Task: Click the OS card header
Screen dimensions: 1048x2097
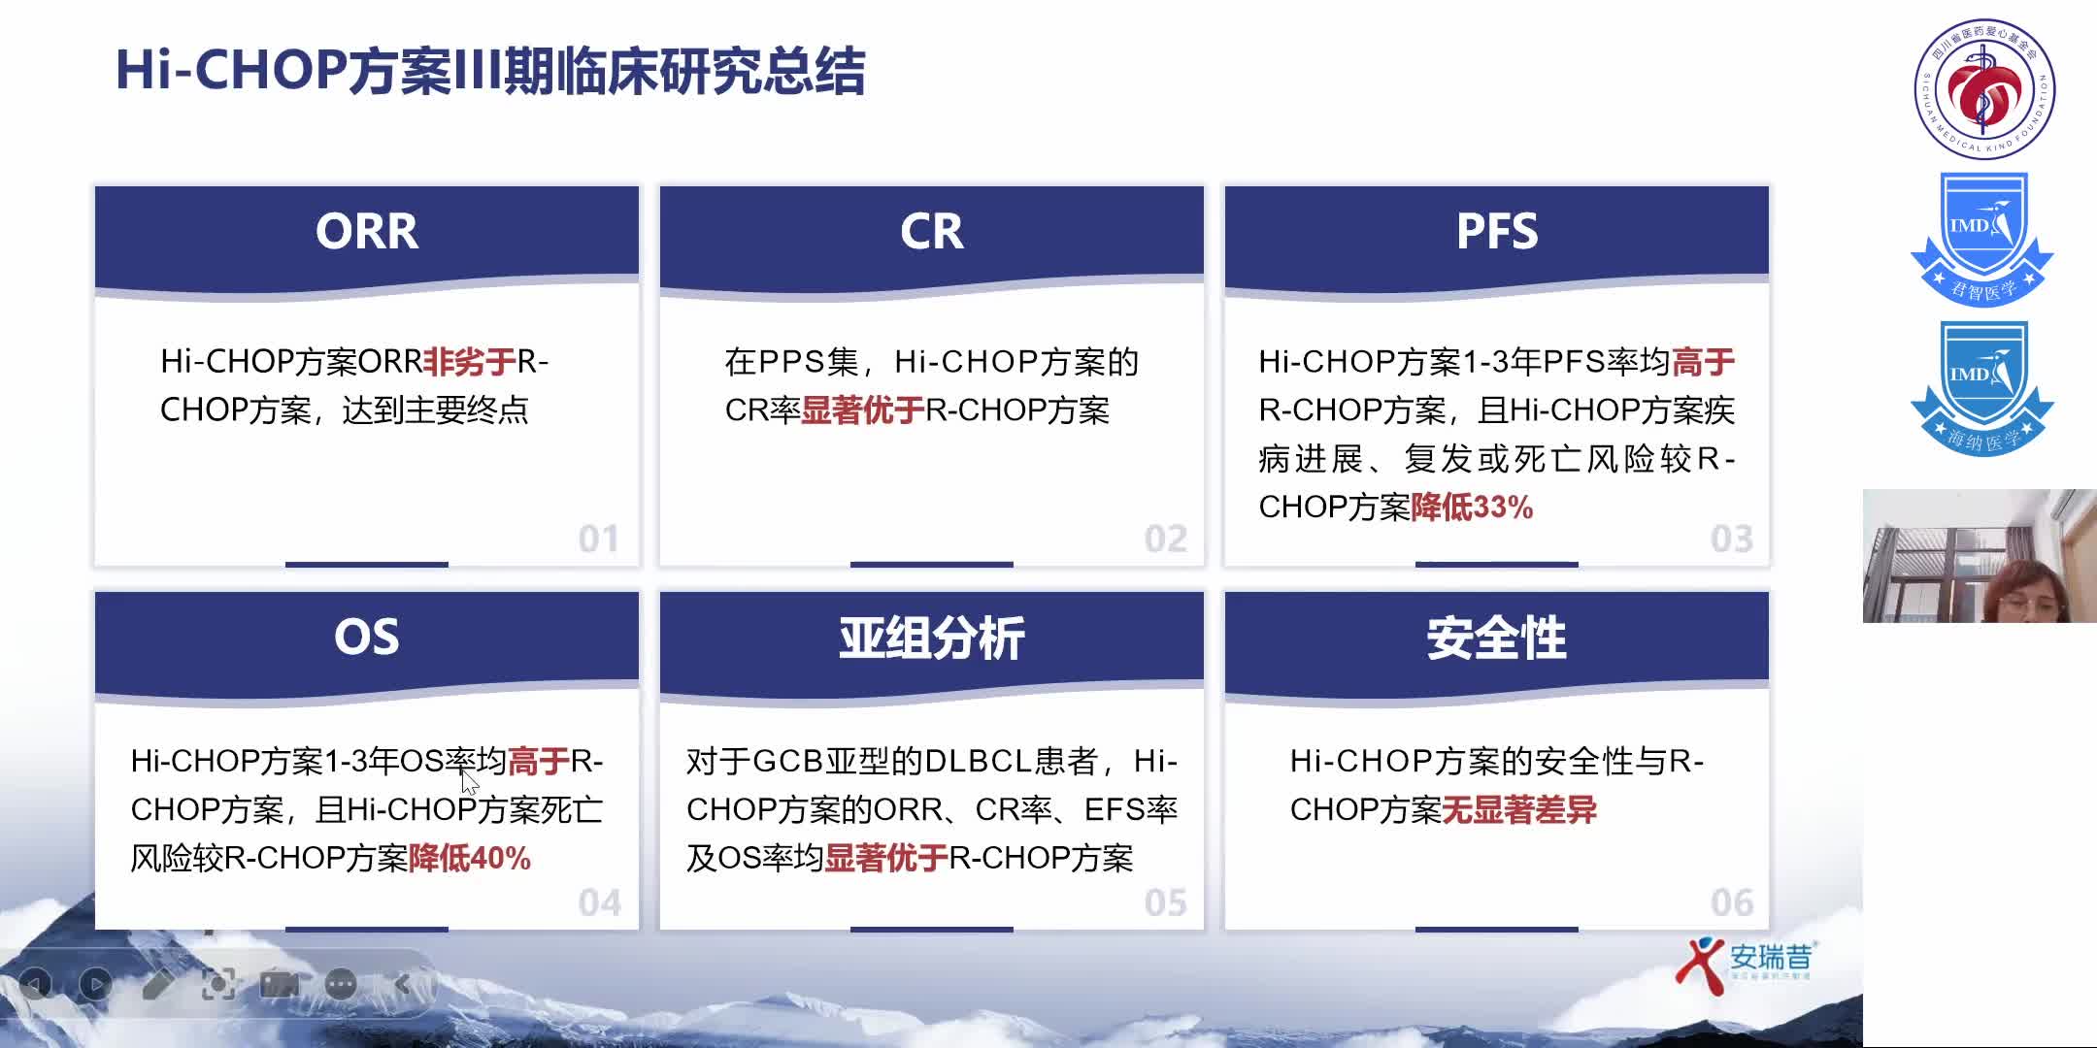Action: point(367,638)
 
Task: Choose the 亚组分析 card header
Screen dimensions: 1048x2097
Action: point(932,638)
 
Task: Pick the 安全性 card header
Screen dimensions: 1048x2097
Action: point(1497,638)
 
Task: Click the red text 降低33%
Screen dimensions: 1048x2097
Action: point(1472,508)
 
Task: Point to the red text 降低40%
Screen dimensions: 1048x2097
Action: point(470,859)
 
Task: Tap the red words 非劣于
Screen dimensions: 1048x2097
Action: point(470,362)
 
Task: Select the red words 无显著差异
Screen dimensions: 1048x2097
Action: point(1519,810)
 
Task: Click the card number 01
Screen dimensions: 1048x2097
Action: point(598,539)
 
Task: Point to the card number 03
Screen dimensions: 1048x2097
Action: point(1731,539)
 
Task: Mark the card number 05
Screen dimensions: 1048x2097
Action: point(1165,903)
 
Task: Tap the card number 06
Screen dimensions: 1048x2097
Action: point(1731,903)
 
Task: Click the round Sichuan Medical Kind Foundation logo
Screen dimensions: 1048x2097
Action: point(1984,89)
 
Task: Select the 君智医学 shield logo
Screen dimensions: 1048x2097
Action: point(1981,238)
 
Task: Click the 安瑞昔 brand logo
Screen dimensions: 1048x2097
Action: point(1745,959)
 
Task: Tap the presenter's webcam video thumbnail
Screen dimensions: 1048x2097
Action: point(1980,556)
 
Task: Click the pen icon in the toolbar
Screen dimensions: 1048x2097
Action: point(158,985)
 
